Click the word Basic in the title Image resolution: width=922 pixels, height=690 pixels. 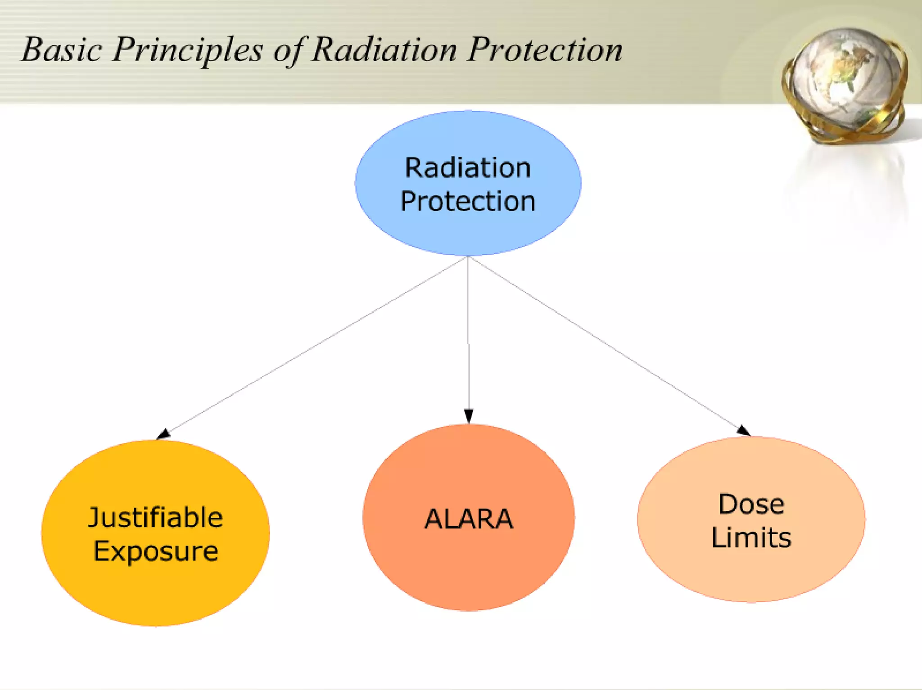point(62,50)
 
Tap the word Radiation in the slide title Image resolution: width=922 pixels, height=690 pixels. point(384,50)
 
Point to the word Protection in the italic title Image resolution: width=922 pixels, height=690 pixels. point(544,50)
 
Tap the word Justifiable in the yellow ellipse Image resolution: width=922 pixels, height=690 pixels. point(155,517)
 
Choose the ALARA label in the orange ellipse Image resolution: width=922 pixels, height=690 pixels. point(469,519)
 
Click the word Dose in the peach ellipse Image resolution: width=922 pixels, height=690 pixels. point(751,504)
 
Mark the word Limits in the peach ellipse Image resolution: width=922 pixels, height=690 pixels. point(751,537)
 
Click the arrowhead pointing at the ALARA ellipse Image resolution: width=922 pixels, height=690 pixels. point(469,415)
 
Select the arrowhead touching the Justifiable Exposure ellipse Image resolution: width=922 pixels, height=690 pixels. point(163,434)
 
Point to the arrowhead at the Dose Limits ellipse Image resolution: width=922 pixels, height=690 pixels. point(743,431)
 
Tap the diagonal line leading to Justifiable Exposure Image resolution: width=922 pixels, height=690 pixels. point(315,346)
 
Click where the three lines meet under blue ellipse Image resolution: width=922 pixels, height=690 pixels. point(468,257)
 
